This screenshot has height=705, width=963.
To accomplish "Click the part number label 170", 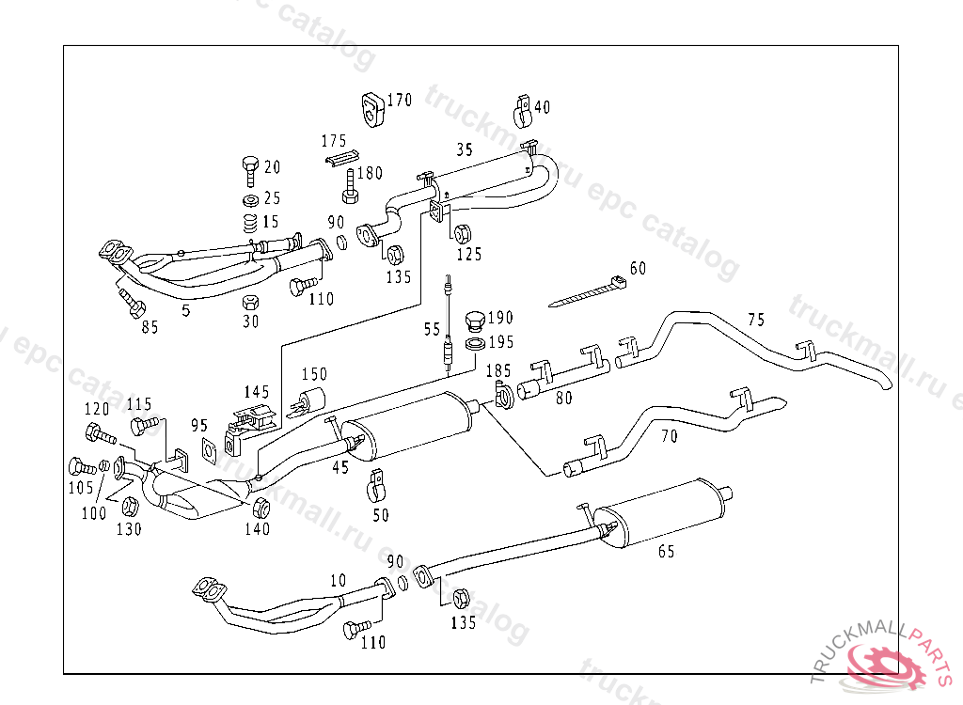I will point(399,101).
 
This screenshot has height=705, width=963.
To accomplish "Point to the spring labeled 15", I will point(251,224).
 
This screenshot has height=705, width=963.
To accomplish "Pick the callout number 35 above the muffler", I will point(465,149).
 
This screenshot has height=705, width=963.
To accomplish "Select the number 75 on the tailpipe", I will point(756,320).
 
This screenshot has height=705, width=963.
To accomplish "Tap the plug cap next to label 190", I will point(474,323).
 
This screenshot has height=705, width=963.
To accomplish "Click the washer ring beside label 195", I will point(474,344).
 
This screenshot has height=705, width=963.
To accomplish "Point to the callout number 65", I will point(666,552).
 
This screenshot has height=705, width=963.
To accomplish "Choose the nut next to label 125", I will point(462,234).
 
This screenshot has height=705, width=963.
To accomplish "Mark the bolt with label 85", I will point(131,303).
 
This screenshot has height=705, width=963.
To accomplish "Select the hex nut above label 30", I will point(250,302).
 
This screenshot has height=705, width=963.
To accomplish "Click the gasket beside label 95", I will point(210,452).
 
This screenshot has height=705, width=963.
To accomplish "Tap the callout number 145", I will point(256,392).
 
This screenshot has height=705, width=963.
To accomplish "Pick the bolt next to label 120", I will point(98,434).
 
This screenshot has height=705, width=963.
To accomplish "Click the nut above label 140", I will point(261,509).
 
